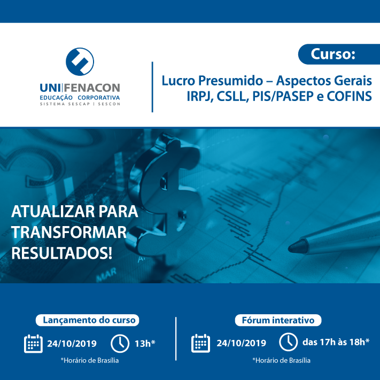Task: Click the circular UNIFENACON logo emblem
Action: (80, 61)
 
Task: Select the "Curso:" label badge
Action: (339, 54)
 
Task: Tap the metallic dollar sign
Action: (164, 194)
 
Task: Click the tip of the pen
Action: (289, 249)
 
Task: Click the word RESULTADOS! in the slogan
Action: (62, 253)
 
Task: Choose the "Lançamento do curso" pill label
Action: (88, 320)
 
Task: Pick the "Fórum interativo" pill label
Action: (278, 320)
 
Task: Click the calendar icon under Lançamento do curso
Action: (33, 344)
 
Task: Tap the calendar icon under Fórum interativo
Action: (200, 343)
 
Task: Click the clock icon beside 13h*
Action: (120, 344)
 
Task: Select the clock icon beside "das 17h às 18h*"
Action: (288, 342)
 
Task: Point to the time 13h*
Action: (145, 344)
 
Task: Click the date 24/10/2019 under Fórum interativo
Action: (241, 343)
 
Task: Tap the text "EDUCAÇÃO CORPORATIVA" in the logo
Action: (80, 98)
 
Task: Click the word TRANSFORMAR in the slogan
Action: (69, 232)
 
